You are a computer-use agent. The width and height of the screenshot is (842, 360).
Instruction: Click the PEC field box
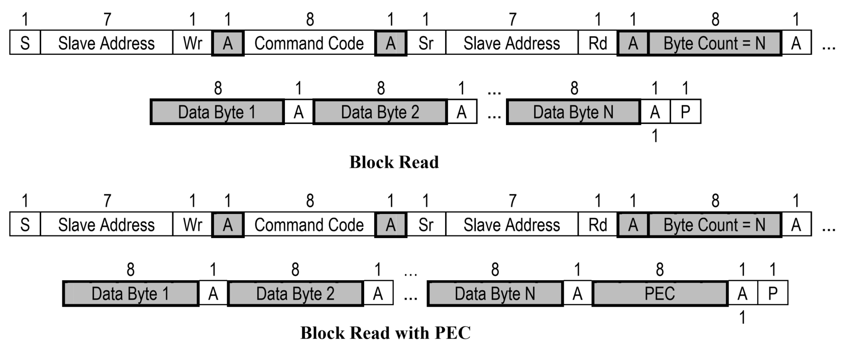(x=660, y=294)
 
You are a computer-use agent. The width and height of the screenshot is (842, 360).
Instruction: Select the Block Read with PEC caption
(x=385, y=333)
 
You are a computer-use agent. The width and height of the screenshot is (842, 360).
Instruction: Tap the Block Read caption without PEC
(x=394, y=162)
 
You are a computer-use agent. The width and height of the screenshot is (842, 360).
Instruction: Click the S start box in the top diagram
(x=25, y=43)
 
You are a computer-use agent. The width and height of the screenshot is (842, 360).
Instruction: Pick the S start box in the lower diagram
(x=25, y=225)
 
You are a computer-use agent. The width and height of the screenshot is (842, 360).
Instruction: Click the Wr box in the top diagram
(x=192, y=43)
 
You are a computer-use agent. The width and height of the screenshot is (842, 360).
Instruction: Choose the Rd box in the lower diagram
(x=597, y=225)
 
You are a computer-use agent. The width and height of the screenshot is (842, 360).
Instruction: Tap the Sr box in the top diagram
(x=426, y=43)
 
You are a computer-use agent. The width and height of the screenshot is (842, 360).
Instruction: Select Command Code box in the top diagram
(x=309, y=43)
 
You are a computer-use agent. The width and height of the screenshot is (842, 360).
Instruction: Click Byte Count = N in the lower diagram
(x=714, y=225)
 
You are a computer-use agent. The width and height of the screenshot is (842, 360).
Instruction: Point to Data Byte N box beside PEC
(x=495, y=294)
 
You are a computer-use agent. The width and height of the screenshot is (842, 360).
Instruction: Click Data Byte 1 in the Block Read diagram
(x=217, y=112)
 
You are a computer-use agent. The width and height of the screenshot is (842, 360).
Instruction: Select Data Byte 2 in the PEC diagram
(x=295, y=294)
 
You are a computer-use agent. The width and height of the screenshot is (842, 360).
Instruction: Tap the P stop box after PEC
(x=773, y=294)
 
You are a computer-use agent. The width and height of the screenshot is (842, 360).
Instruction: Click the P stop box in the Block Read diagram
(x=685, y=112)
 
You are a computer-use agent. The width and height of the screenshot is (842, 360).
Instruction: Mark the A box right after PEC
(x=742, y=294)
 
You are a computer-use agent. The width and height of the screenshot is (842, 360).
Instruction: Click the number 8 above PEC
(x=660, y=270)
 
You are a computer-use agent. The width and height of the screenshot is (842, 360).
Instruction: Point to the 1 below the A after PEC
(x=742, y=317)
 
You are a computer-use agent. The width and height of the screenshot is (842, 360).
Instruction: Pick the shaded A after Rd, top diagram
(x=633, y=43)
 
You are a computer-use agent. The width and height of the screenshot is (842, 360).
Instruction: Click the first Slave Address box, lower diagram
(x=107, y=225)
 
